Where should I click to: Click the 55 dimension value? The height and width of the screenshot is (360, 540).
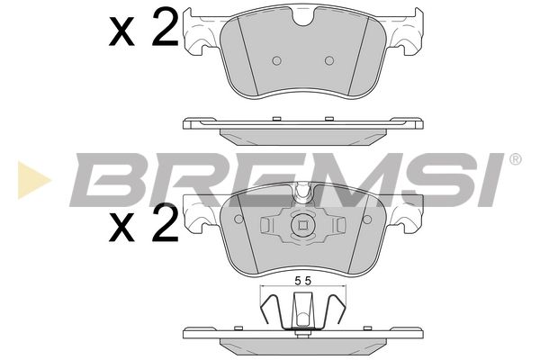tap(303, 281)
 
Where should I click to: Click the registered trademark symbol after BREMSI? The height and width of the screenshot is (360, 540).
tap(515, 159)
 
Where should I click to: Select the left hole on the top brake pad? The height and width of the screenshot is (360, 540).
tap(277, 61)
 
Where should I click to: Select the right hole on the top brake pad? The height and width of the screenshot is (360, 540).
tap(329, 61)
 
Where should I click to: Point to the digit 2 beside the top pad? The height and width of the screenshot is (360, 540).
tap(166, 28)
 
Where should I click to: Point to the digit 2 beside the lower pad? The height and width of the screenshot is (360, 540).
tap(166, 222)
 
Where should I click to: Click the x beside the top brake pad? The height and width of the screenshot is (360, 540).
tap(121, 33)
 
